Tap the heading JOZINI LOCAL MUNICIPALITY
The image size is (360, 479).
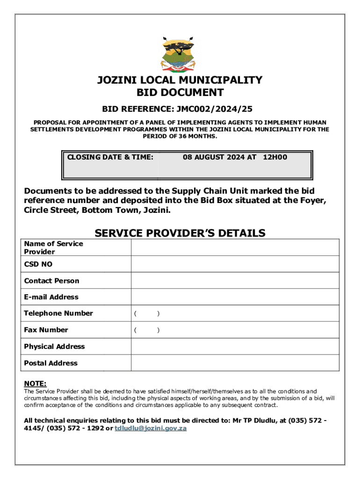(180, 80)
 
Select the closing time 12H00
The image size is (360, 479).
(275, 157)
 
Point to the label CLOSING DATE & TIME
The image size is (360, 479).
(110, 157)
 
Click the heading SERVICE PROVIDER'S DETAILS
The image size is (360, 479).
(180, 233)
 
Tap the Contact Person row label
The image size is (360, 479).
(52, 281)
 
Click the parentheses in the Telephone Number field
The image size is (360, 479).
(147, 313)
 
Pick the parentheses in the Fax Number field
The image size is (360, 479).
(147, 330)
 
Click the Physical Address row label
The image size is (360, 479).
(55, 347)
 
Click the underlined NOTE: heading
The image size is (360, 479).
(35, 384)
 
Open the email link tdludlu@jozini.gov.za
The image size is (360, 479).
(151, 428)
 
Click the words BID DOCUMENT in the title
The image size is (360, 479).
(180, 93)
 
